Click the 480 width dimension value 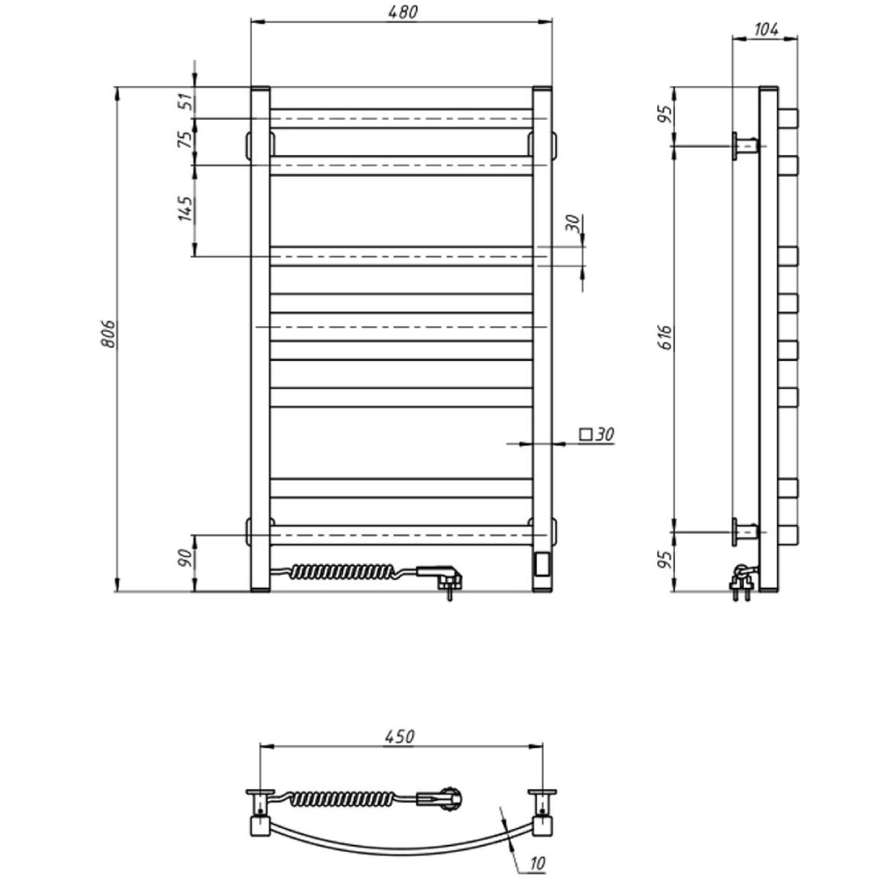(401, 11)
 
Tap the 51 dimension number (186, 102)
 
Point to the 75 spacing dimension (186, 142)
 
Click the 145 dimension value (186, 209)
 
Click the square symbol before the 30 (585, 434)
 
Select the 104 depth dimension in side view (766, 29)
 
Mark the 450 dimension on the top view (400, 737)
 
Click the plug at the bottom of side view (741, 581)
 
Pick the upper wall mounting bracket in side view (744, 144)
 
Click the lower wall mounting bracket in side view (744, 531)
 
